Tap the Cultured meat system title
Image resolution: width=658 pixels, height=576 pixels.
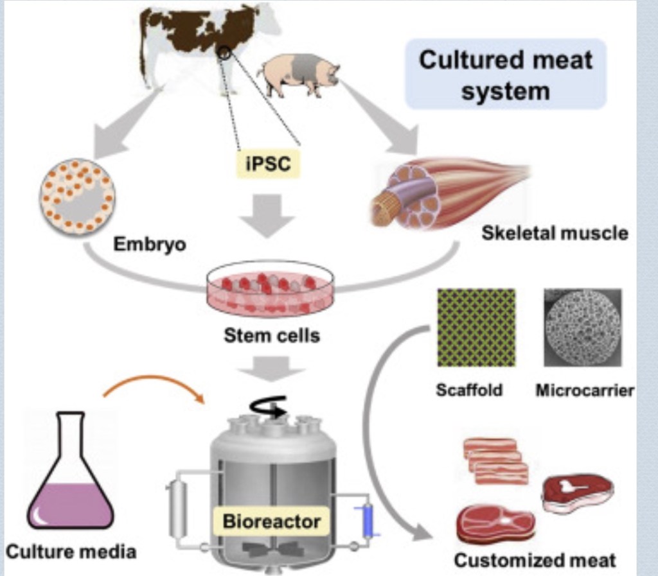(506, 74)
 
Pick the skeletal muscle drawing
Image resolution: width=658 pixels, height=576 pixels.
(443, 192)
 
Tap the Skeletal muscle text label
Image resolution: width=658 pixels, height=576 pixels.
(555, 232)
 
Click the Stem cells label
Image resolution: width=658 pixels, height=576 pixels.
(271, 335)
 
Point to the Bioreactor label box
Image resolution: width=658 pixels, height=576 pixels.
(271, 521)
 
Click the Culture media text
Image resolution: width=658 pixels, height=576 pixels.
(71, 551)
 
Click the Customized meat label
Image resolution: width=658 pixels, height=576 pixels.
(535, 560)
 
